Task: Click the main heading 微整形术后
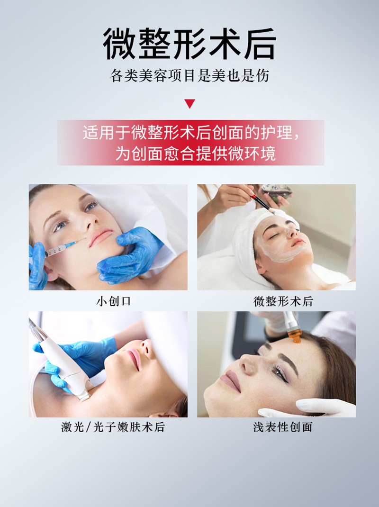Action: click(189, 43)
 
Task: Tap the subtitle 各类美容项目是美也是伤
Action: click(189, 76)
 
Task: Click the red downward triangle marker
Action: click(189, 103)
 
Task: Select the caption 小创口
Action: click(114, 301)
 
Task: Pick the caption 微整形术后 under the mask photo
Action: click(283, 301)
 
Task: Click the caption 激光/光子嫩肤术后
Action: click(113, 427)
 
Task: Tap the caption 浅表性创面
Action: click(283, 427)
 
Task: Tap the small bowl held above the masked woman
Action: click(277, 191)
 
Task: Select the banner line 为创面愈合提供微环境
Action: click(195, 153)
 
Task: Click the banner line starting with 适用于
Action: click(191, 132)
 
